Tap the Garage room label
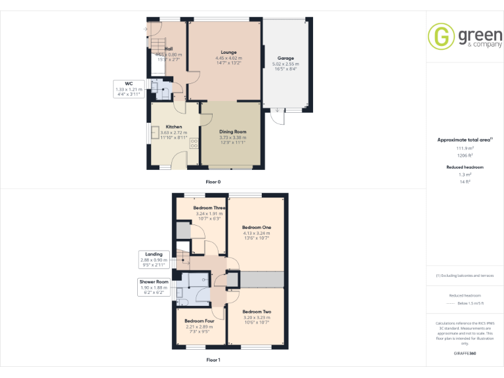285,58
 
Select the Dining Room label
232,132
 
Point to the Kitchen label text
174,127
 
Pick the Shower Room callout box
154,287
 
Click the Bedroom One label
257,228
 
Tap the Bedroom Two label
257,312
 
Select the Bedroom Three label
209,208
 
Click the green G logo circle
442,36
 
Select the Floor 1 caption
213,360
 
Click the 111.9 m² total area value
465,148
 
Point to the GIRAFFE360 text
465,353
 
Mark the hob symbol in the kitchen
194,143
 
